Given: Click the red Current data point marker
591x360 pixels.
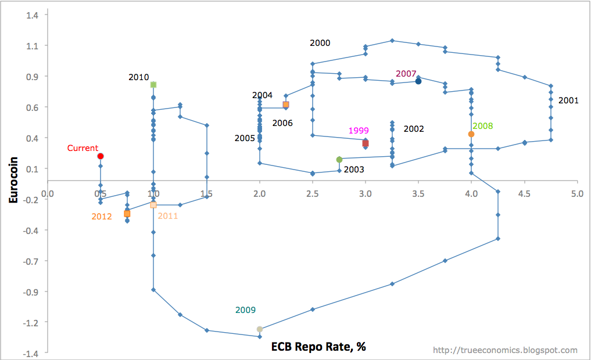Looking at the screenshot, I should point(101,156).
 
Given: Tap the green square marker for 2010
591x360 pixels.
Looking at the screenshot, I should point(153,85).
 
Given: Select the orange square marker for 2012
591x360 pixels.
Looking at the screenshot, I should point(127,214).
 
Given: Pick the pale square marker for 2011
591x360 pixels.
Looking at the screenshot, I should point(153,205).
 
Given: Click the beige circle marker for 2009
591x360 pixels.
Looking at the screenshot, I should point(260,329).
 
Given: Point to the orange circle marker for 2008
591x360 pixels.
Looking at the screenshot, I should point(471,134).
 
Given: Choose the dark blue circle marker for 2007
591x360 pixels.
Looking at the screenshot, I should point(418,81).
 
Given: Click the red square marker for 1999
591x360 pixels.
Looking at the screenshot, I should point(366,143).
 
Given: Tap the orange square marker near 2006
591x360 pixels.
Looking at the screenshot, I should point(286,105).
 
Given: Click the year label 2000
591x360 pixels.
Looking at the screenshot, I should point(320,43).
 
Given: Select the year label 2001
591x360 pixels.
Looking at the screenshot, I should point(568,100).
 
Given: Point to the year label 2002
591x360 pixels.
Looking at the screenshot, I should point(414,129).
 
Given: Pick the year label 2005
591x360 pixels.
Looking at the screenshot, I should point(245,138).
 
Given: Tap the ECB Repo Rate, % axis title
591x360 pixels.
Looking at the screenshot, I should point(318,347).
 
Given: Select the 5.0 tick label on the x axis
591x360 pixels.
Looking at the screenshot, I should point(577,193).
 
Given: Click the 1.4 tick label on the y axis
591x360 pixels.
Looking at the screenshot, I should point(33,15).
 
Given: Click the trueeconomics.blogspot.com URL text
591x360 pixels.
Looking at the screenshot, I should point(506,350).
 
